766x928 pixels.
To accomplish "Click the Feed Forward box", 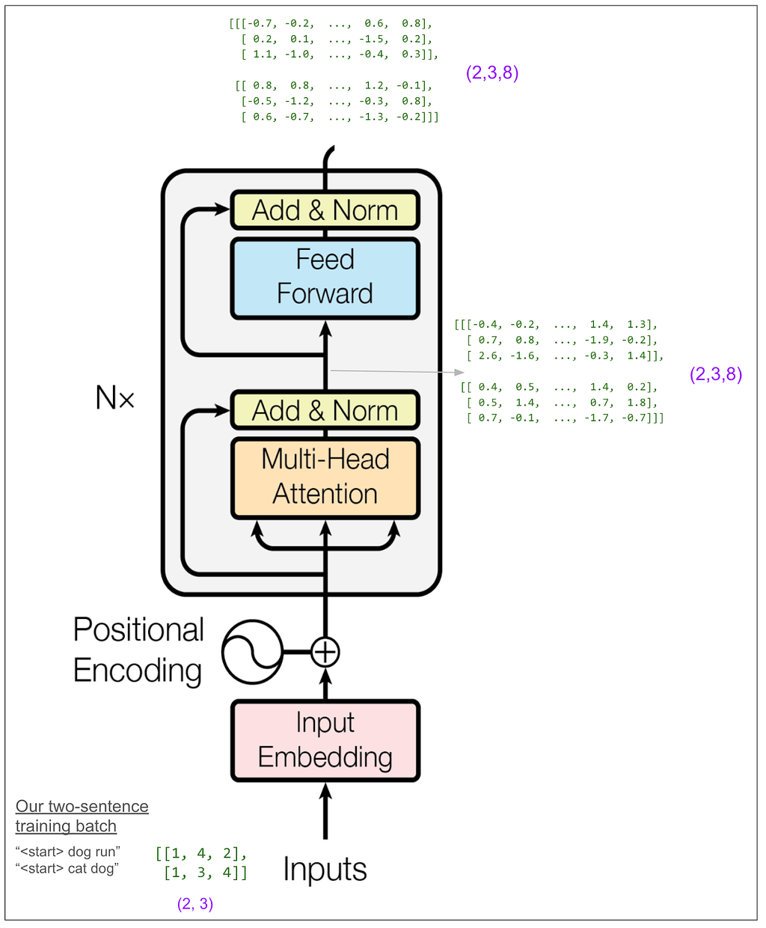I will click(x=325, y=277).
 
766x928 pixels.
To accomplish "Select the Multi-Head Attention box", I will click(x=325, y=477).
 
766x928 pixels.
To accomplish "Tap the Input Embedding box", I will click(x=325, y=740).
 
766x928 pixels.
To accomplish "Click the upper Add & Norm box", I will click(x=325, y=210).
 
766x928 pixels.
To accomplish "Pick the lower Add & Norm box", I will click(x=325, y=411).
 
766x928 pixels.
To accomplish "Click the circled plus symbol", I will click(x=325, y=652).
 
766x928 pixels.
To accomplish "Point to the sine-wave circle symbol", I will click(x=253, y=652).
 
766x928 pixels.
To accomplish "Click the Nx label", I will click(x=115, y=397).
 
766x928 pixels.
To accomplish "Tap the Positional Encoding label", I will click(x=138, y=650).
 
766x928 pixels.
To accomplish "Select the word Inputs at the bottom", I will click(x=325, y=870).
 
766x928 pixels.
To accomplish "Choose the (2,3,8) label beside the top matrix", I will click(x=492, y=73).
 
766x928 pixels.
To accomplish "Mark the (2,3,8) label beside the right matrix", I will click(x=716, y=374).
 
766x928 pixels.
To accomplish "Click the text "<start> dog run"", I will click(x=68, y=852).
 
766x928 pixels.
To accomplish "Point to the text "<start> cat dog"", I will click(x=67, y=869).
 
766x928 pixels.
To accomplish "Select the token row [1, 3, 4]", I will click(x=206, y=873).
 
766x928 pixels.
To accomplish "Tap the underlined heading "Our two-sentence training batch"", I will click(x=82, y=816).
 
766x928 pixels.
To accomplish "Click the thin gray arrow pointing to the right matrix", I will click(x=396, y=371).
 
